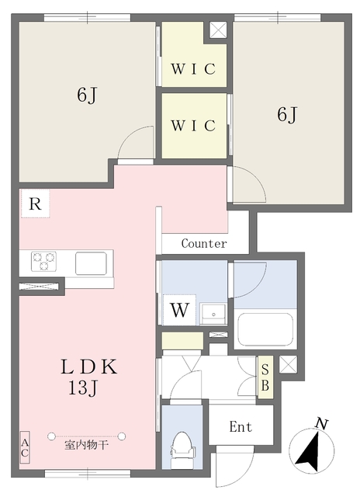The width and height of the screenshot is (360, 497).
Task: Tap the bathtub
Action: [x=265, y=329]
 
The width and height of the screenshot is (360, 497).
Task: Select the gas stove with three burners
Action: [x=43, y=261]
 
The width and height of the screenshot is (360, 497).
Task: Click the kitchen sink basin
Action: [x=91, y=263]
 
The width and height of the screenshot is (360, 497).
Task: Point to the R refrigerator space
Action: [x=35, y=203]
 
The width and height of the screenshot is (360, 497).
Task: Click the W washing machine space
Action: [x=179, y=310]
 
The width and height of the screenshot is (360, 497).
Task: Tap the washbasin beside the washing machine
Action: [x=213, y=314]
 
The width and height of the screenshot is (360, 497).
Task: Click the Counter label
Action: [x=204, y=243]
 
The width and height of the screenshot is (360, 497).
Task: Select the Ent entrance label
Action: [x=241, y=426]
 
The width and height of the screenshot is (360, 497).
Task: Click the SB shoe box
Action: [x=265, y=377]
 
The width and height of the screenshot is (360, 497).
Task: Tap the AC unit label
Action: [x=25, y=447]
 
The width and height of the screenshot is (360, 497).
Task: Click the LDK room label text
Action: [x=89, y=367]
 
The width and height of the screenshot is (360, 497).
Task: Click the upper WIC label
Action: [x=193, y=69]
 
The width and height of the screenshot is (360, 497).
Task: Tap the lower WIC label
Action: [x=193, y=126]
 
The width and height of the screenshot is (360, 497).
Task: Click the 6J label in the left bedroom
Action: [x=86, y=95]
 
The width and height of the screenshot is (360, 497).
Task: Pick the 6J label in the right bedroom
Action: [x=287, y=114]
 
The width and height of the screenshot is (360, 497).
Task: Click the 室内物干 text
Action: [x=86, y=445]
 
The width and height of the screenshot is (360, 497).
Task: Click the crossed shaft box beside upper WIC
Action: [x=218, y=30]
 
